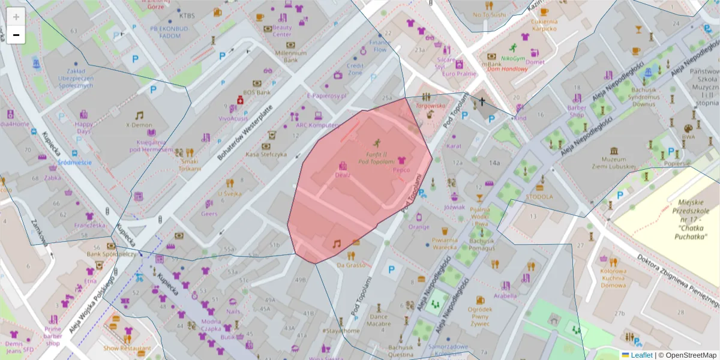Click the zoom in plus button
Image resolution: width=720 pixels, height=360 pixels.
coord(16,17)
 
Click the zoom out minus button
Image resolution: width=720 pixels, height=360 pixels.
coord(16,35)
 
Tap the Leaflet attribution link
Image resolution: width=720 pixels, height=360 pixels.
coord(641,355)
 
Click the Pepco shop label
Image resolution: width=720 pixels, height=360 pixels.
coord(401,170)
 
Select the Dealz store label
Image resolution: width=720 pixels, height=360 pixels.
coord(343,175)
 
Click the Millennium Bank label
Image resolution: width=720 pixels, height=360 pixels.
coord(290,56)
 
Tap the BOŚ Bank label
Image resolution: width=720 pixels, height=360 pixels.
coord(257,93)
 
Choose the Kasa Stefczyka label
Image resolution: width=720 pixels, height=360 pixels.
coord(266,154)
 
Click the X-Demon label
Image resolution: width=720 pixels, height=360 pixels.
coord(139,125)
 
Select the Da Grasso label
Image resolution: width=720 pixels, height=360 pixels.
coord(351,265)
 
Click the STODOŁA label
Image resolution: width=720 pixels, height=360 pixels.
coord(539,196)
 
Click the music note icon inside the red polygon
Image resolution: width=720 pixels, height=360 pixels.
coord(337,243)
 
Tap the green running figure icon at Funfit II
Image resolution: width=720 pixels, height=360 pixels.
coord(377,143)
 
